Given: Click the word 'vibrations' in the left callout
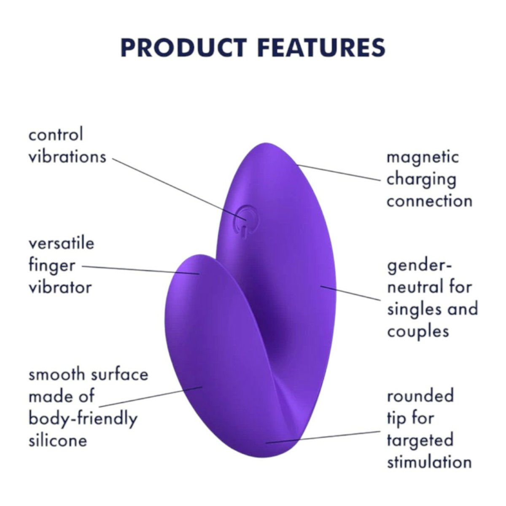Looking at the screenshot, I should (x=67, y=157).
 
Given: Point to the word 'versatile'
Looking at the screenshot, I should (x=62, y=243).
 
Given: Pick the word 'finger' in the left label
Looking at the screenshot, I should (x=52, y=266).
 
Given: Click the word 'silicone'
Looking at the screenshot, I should (x=58, y=441).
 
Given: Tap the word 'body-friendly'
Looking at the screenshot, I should (x=83, y=419).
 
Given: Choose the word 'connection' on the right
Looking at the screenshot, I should (x=429, y=201).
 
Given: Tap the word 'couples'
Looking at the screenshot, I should (x=418, y=331).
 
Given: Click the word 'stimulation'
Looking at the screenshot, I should (x=429, y=462).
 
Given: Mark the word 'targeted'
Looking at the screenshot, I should (x=420, y=440).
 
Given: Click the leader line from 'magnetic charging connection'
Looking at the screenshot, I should (x=337, y=172).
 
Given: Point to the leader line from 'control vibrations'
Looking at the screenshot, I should (x=177, y=188).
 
